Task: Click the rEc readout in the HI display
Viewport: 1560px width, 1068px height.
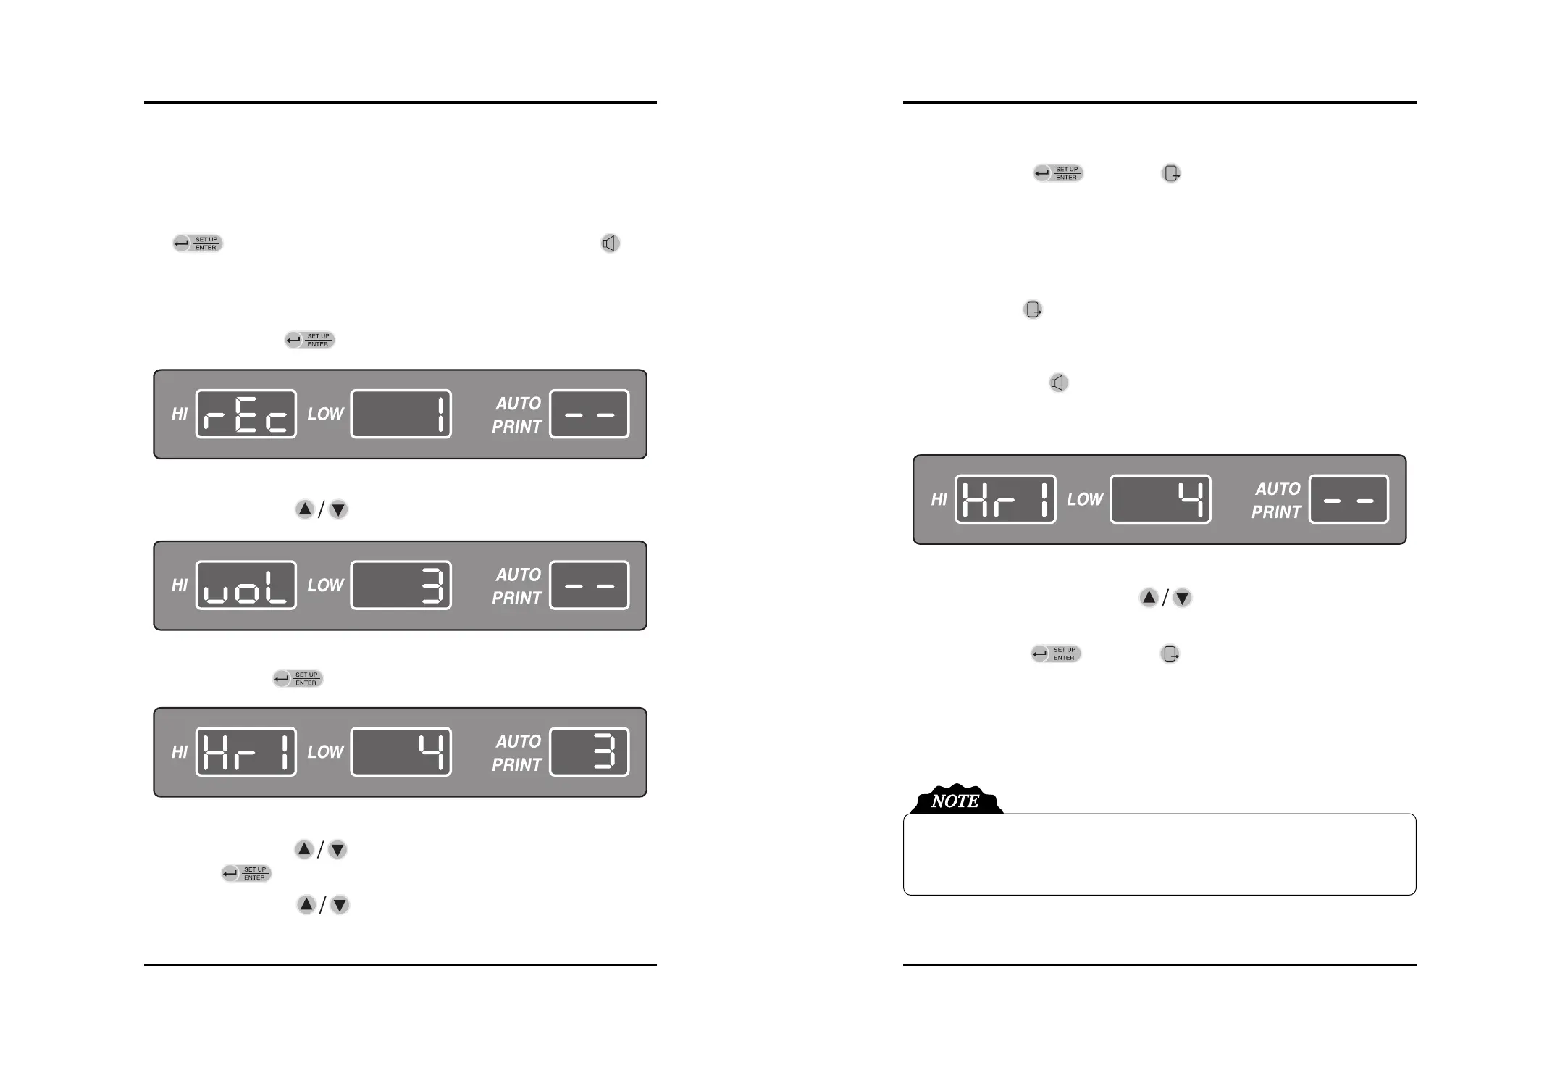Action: [246, 414]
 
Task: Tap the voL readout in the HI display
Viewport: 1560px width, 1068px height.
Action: [246, 585]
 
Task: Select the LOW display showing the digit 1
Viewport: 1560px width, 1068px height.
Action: [401, 414]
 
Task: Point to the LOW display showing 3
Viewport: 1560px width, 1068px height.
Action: [401, 585]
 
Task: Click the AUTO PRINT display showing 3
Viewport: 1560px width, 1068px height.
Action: [589, 751]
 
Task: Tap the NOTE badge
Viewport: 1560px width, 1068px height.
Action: [955, 801]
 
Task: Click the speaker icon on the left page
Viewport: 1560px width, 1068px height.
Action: [610, 243]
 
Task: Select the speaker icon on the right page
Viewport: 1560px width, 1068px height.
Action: [1058, 383]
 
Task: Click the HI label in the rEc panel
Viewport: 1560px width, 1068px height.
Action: [180, 414]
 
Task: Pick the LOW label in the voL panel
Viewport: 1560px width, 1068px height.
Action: [325, 585]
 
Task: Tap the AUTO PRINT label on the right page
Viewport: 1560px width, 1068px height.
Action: [1276, 500]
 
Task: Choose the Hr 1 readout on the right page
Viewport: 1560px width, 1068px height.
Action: [1005, 499]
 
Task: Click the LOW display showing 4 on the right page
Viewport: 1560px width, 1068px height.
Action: [1160, 499]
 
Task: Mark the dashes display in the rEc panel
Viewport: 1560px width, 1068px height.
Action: [589, 414]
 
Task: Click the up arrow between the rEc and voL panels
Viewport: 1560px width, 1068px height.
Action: [305, 509]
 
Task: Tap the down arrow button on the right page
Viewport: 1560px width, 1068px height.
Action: [1182, 598]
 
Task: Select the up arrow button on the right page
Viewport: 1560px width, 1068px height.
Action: [1149, 598]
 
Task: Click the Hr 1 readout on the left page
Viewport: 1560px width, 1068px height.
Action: [246, 751]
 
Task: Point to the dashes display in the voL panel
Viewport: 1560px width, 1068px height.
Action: [589, 585]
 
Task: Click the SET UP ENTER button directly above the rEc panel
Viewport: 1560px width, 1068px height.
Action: [309, 340]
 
